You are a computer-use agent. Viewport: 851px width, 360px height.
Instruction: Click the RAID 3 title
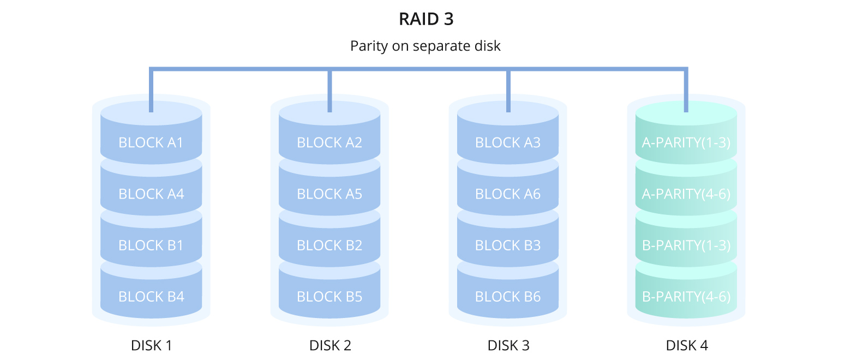pos(426,19)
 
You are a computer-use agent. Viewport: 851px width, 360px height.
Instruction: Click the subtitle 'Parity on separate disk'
pos(425,46)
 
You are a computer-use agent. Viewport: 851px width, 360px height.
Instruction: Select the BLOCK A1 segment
pos(151,142)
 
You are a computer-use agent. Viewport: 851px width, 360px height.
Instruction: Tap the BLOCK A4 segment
pos(151,194)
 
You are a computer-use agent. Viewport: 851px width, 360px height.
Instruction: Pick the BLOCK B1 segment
pos(151,245)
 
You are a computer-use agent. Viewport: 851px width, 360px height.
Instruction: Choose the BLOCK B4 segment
pos(151,296)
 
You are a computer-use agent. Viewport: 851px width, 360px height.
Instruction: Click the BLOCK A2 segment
pos(329,142)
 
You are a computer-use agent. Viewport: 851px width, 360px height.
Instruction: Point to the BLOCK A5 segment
pos(329,194)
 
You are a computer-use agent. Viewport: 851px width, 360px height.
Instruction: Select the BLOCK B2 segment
pos(329,245)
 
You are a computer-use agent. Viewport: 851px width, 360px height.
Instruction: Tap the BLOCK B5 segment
pos(329,296)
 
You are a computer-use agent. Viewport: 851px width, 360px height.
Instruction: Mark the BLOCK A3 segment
pos(508,142)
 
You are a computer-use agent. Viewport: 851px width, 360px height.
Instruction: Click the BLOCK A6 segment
pos(508,194)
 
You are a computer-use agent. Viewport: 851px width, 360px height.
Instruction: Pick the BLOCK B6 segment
pos(508,296)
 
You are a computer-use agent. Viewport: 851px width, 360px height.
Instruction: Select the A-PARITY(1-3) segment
pos(686,142)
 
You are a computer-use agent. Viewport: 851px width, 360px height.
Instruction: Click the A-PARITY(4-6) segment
pos(686,194)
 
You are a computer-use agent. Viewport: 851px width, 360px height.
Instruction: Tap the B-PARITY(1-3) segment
pos(686,245)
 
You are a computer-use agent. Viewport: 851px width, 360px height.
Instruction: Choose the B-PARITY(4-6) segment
pos(686,296)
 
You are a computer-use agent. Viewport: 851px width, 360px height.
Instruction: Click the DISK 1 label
pos(152,345)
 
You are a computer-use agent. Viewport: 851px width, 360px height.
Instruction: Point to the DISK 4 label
pos(687,345)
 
